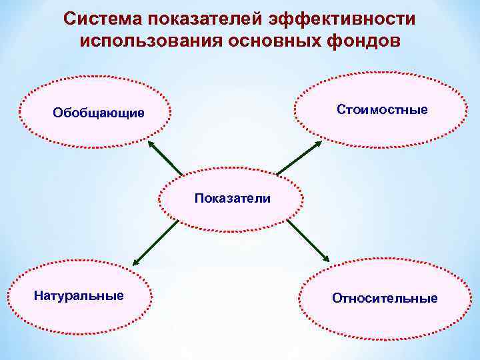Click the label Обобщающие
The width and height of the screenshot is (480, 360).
pyautogui.click(x=98, y=113)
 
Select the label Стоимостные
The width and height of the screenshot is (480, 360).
pyautogui.click(x=383, y=108)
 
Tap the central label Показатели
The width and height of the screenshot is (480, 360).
pyautogui.click(x=233, y=198)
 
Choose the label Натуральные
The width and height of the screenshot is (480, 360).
pyautogui.click(x=79, y=295)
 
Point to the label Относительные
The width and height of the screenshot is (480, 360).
pyautogui.click(x=385, y=298)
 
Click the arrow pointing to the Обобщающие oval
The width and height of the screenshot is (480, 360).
pyautogui.click(x=165, y=159)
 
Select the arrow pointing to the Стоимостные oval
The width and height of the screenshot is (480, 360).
pyautogui.click(x=299, y=158)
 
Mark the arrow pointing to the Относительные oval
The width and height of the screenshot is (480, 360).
pyautogui.click(x=309, y=241)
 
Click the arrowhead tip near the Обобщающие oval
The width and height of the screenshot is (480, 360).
pyautogui.click(x=148, y=142)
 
